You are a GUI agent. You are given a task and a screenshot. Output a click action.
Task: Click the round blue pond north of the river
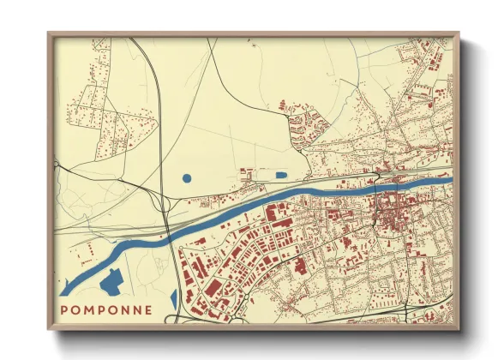click(x=187, y=178)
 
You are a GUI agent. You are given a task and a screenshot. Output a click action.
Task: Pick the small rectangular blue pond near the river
click(x=280, y=176)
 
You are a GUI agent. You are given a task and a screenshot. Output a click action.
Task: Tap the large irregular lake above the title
click(x=111, y=282)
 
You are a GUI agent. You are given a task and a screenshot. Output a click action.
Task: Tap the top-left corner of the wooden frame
click(x=49, y=34)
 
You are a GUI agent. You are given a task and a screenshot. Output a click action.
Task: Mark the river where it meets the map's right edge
click(x=449, y=179)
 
